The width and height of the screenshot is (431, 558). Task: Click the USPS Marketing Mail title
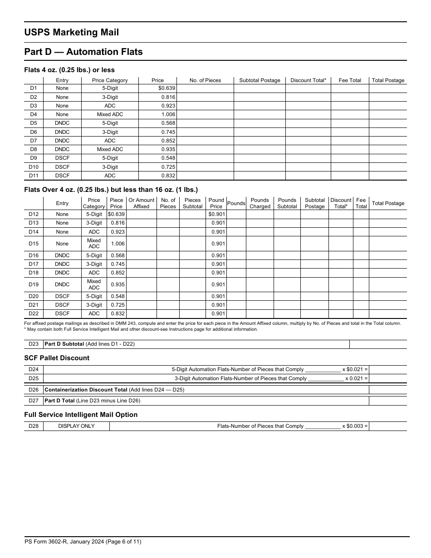click(71, 32)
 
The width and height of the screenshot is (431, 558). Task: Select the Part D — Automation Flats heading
click(83, 52)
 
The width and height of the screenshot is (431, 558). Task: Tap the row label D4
click(34, 114)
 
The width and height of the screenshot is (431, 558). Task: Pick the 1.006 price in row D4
click(168, 114)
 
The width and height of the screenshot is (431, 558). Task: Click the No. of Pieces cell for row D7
click(205, 141)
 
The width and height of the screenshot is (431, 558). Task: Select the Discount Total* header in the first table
click(308, 80)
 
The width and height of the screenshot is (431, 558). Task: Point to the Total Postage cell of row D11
click(387, 176)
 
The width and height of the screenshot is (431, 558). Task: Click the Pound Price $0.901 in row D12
click(216, 214)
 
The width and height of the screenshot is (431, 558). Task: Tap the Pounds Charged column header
click(260, 203)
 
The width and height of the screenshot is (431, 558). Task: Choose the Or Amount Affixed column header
click(141, 203)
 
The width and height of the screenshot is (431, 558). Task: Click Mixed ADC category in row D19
click(94, 284)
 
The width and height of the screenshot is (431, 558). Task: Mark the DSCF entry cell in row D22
click(62, 313)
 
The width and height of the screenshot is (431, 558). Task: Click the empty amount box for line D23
click(377, 344)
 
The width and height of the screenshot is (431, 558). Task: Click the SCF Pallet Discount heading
click(57, 358)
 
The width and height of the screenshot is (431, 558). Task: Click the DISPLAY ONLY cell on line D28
click(76, 426)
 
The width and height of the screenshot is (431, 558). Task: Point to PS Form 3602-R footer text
click(85, 542)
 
